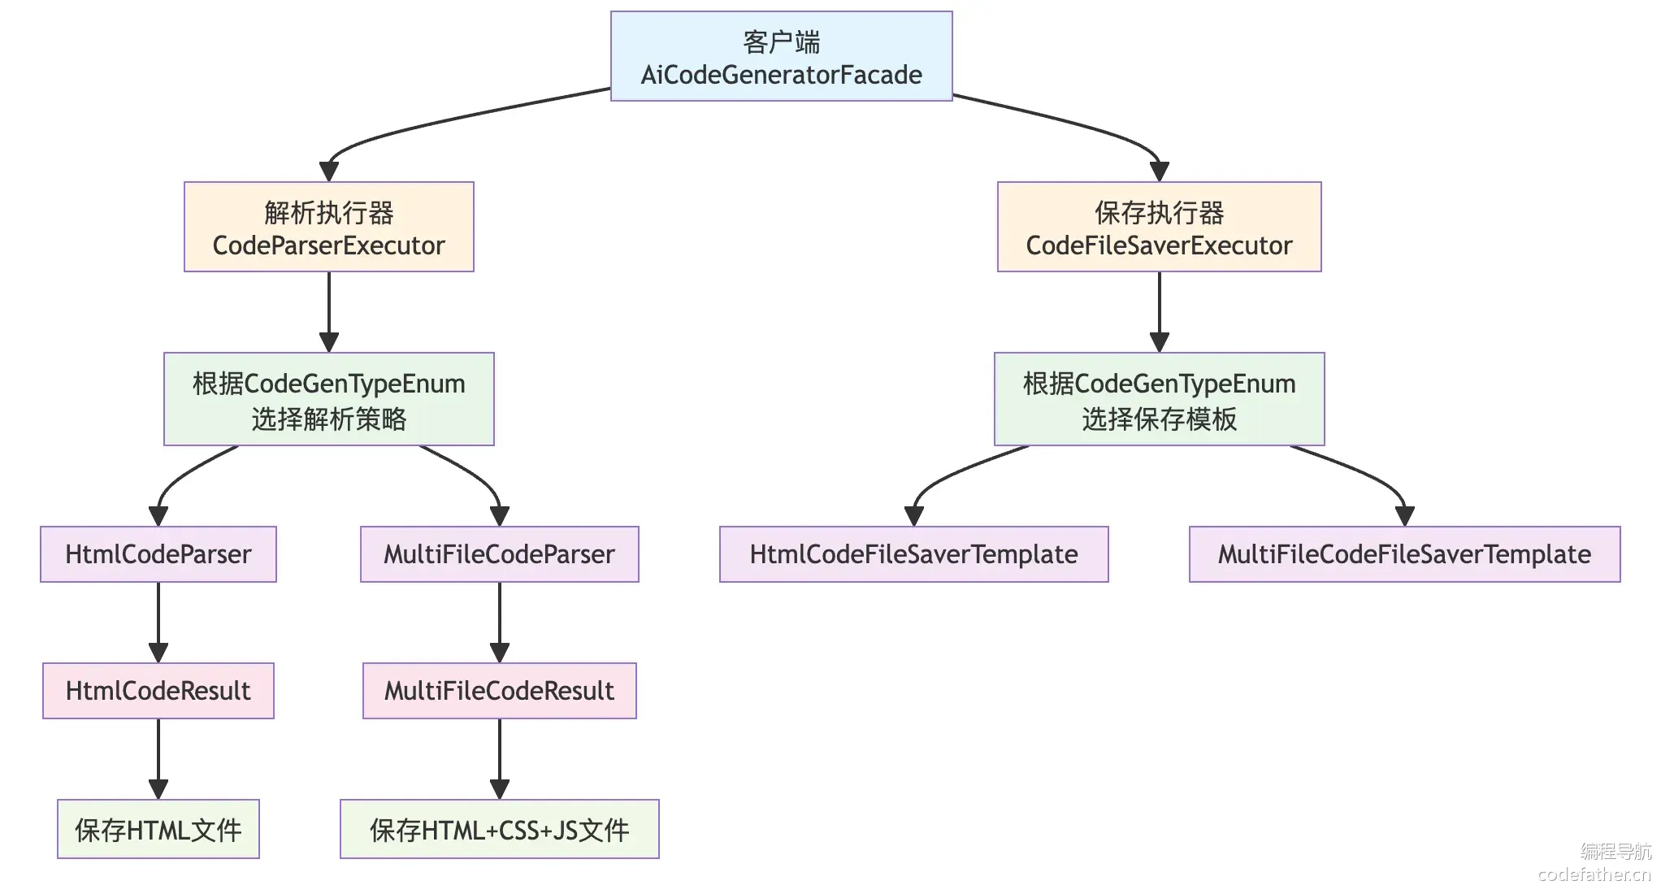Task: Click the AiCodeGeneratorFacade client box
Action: (781, 56)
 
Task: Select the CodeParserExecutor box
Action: (329, 227)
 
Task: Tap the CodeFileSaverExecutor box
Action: (1160, 227)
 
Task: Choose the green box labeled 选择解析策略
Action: (329, 399)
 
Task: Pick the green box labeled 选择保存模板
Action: (1160, 399)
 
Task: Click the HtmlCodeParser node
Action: (158, 554)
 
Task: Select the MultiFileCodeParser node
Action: (500, 554)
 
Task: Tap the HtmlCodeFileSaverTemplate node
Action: (914, 554)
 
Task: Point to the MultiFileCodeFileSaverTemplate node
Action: (1405, 554)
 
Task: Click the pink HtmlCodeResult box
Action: (158, 691)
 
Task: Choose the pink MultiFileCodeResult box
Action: (500, 691)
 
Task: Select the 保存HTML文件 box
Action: (158, 829)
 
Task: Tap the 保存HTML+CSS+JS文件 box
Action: (500, 829)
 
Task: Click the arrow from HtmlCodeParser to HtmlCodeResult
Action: (158, 623)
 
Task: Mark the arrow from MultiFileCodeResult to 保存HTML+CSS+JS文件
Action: (500, 759)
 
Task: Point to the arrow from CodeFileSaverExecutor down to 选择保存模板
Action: (1160, 312)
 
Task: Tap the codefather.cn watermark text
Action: (1594, 874)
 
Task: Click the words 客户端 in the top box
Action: (782, 41)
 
